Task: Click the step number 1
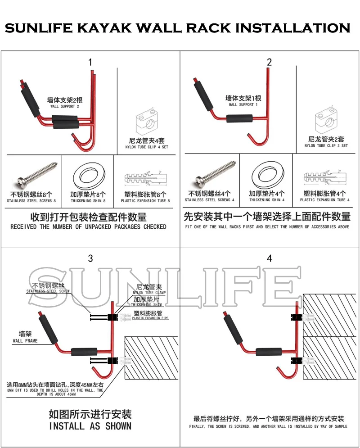tap(90, 62)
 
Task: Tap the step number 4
tap(269, 258)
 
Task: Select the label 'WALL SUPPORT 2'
tap(65, 107)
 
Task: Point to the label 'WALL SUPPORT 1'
tap(243, 104)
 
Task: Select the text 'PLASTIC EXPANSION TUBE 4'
tap(324, 200)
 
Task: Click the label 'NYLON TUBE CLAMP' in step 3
tap(149, 293)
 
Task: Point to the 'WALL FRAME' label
tap(25, 341)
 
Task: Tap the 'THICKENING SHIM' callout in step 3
tap(146, 304)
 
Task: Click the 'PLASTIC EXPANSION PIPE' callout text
tap(150, 318)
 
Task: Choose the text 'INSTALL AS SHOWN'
tap(90, 426)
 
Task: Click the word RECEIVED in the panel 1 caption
tap(23, 227)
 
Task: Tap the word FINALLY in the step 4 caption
tap(197, 426)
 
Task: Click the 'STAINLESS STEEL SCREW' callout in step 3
tap(48, 291)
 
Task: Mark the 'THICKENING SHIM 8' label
tap(88, 201)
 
